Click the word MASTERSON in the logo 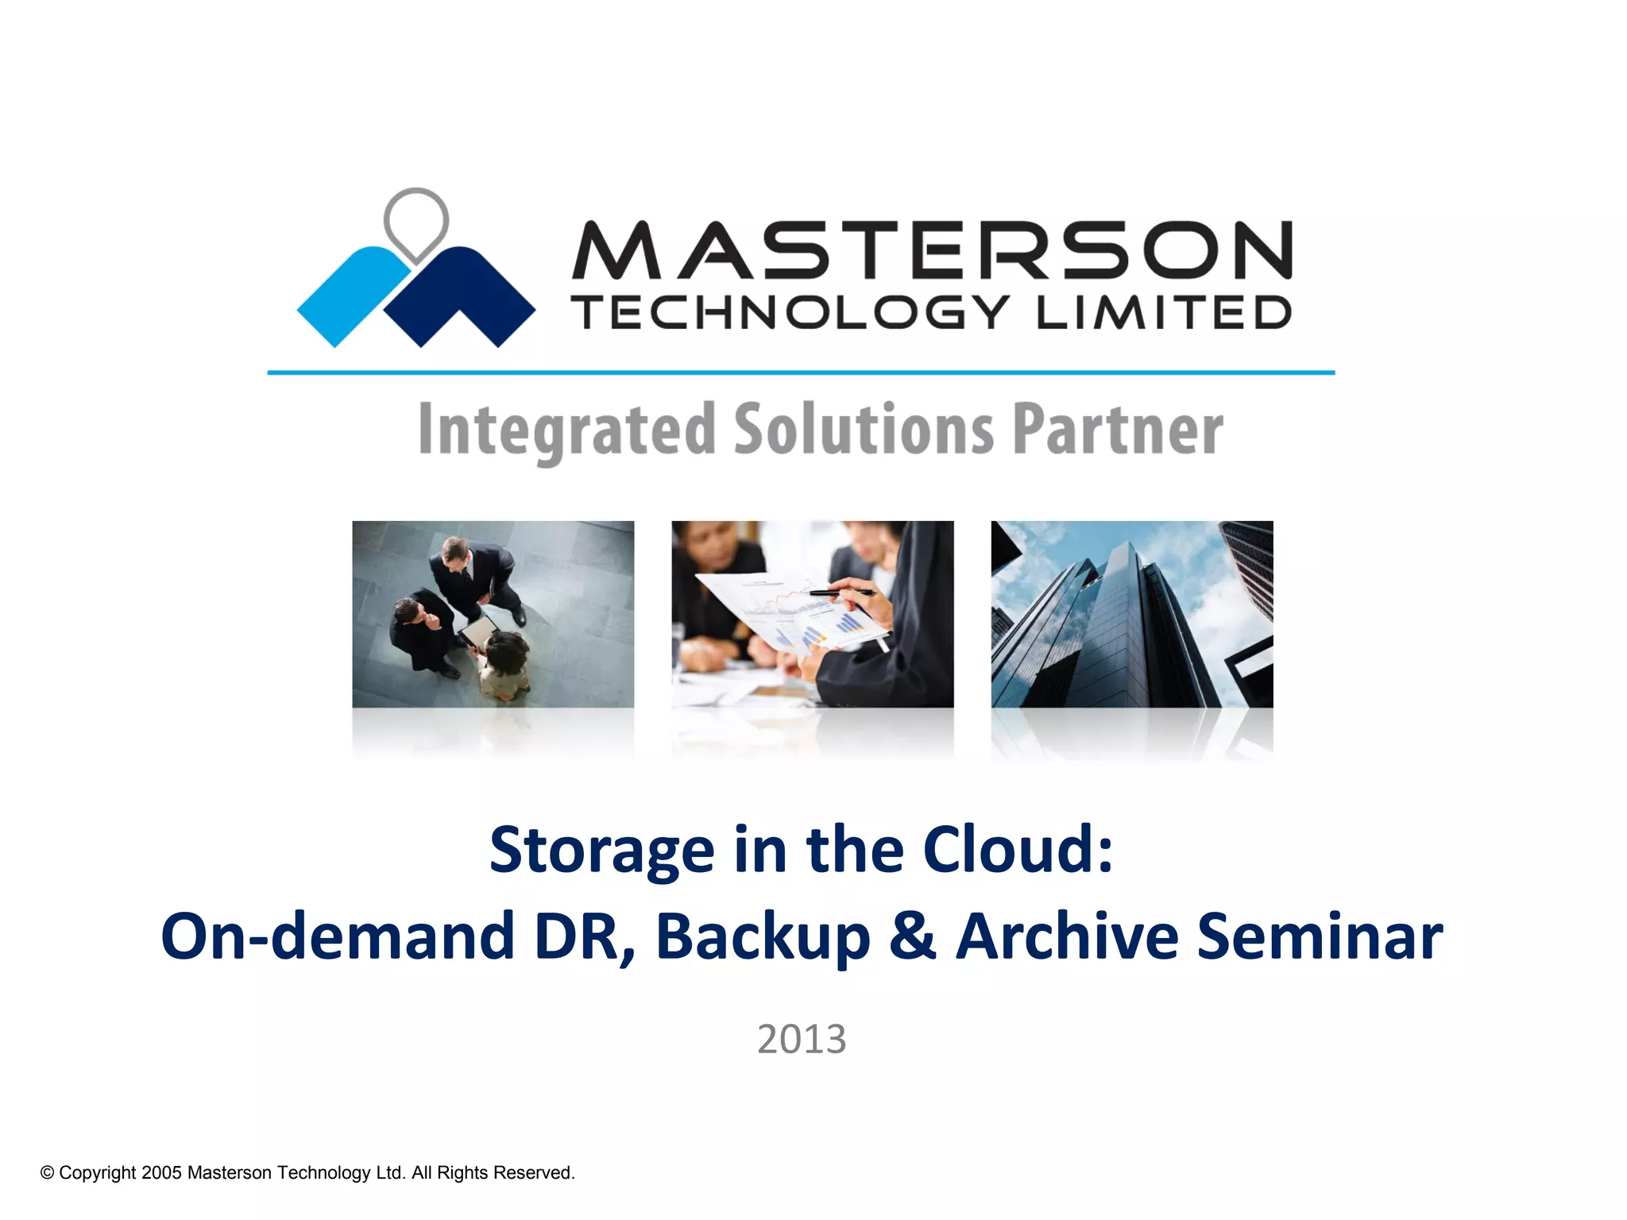click(932, 250)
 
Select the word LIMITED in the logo click(1163, 312)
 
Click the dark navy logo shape click(461, 298)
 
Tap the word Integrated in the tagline click(566, 430)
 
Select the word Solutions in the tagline click(864, 430)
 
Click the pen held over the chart click(842, 592)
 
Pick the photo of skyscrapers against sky click(1131, 614)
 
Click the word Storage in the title click(601, 850)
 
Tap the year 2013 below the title click(802, 1039)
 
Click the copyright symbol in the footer click(47, 1173)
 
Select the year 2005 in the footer click(161, 1173)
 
